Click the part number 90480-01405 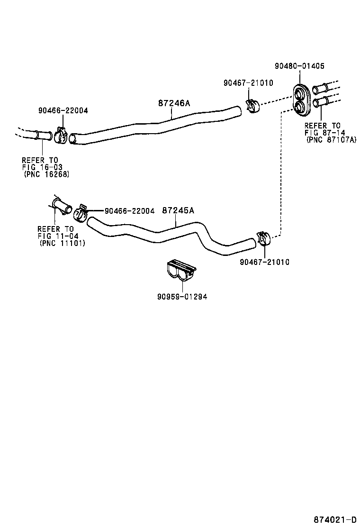(x=299, y=66)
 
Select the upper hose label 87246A (x=174, y=103)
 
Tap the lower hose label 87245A (x=178, y=210)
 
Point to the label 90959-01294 (x=182, y=297)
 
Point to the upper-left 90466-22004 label (x=63, y=110)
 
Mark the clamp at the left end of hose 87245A (x=81, y=213)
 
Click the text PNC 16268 (x=46, y=174)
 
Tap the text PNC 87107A (x=331, y=140)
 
